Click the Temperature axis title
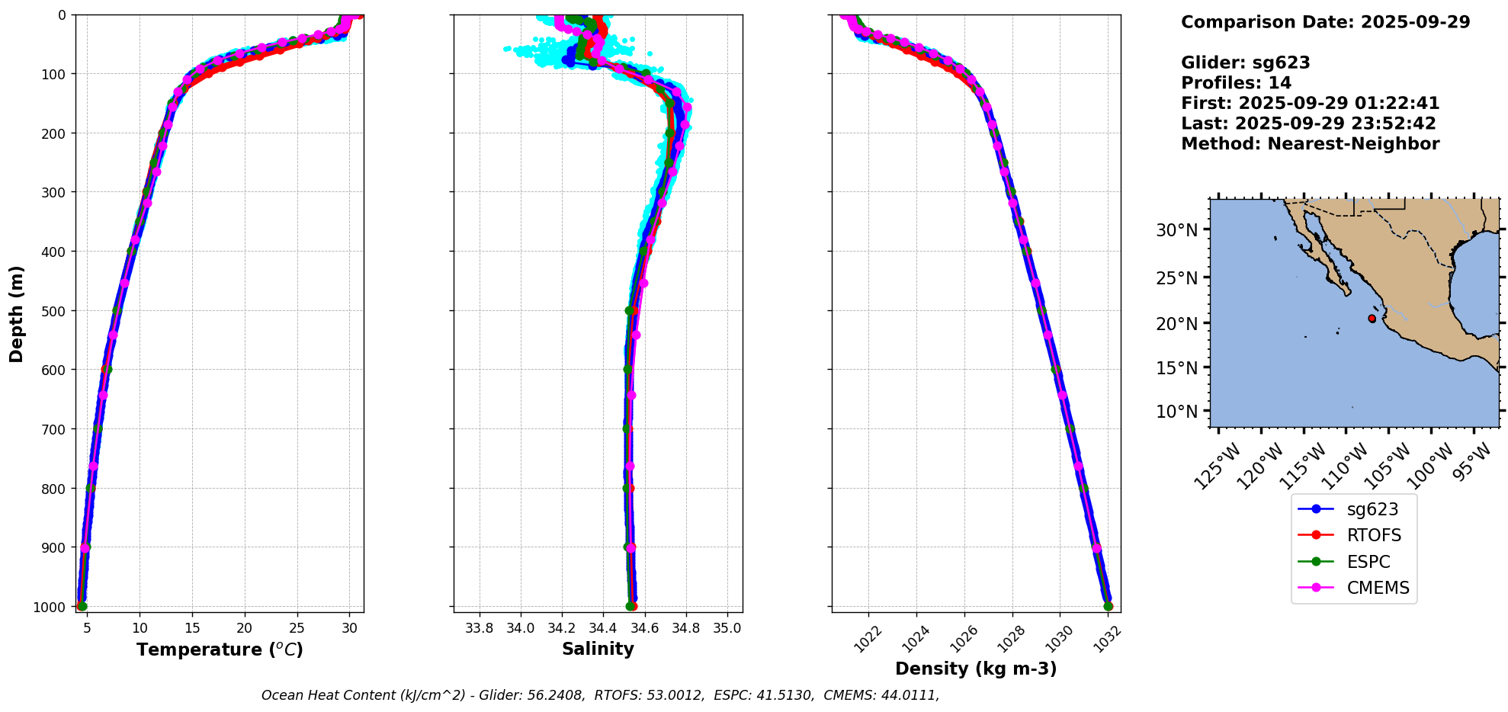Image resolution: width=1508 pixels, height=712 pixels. pos(220,649)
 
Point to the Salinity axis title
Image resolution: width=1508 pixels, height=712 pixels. pos(598,649)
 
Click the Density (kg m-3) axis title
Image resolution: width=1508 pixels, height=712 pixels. pos(975,669)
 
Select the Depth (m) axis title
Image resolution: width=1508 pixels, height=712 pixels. pos(17,313)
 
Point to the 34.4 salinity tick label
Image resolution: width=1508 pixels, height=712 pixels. pos(603,628)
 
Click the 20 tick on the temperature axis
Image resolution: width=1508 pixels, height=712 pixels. pos(244,628)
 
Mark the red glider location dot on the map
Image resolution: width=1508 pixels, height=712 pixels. pos(1372,319)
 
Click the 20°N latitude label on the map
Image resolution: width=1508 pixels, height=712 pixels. pos(1177,323)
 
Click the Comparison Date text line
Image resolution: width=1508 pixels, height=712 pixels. pos(1325,22)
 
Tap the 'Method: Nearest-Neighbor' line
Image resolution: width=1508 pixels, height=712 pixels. pos(1310,144)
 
